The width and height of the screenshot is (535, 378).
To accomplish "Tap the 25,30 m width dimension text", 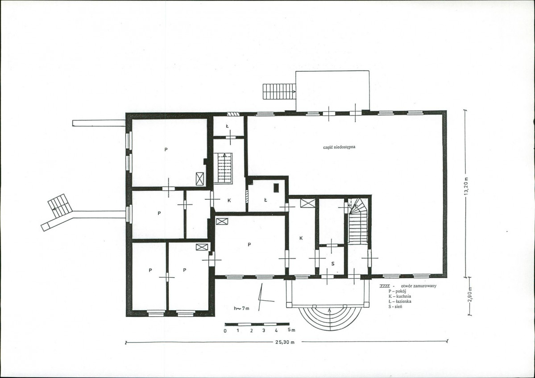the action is point(285,342).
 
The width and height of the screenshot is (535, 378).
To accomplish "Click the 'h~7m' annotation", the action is point(241,308).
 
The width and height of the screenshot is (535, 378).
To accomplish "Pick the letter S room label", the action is point(333,263).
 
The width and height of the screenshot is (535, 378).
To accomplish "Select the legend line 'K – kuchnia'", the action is point(399,296).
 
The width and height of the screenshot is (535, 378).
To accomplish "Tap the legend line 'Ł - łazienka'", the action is point(399,301).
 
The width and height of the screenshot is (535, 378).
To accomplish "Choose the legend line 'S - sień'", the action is point(395,307).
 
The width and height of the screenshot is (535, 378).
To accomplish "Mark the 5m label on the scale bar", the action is point(291,330).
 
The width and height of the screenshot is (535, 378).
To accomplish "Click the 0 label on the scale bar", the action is point(225,331).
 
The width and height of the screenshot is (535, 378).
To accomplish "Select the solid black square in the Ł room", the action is point(276,188).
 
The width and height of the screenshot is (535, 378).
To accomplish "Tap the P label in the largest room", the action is point(166,149).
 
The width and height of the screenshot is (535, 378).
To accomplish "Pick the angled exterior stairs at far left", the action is point(60,205).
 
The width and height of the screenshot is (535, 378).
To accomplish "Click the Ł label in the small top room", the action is point(227,126).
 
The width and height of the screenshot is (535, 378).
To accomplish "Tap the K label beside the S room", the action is point(301,238).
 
